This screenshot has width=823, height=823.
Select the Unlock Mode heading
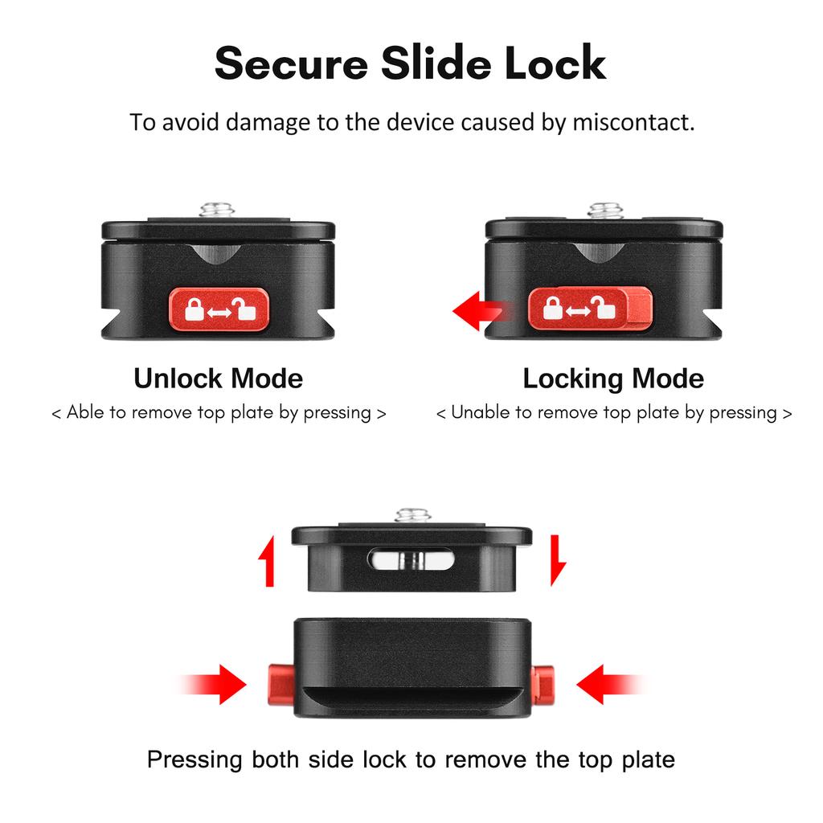pyautogui.click(x=218, y=378)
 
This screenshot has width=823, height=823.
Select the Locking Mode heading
pyautogui.click(x=613, y=378)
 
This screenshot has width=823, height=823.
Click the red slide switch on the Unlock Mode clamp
pyautogui.click(x=218, y=309)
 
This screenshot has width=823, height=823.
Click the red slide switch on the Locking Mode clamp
pyautogui.click(x=589, y=309)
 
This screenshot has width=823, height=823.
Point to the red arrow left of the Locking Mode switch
pyautogui.click(x=478, y=310)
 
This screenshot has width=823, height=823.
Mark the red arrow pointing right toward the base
pyautogui.click(x=217, y=685)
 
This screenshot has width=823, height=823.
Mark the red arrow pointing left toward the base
pyautogui.click(x=607, y=685)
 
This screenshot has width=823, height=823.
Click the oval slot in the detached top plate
pyautogui.click(x=411, y=559)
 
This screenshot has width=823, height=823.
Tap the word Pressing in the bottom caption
pyautogui.click(x=194, y=759)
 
